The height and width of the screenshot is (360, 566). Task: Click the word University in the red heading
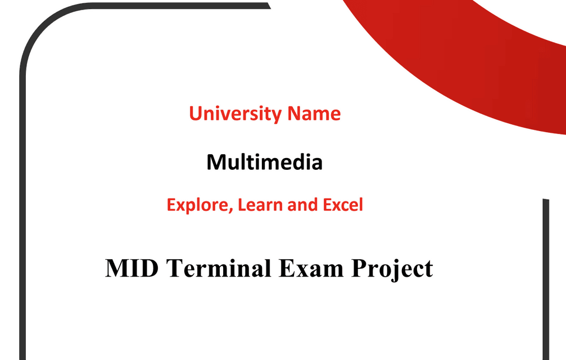tap(236, 114)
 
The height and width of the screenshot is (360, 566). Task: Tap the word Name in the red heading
tap(314, 114)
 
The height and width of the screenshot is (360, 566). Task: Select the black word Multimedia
tap(264, 163)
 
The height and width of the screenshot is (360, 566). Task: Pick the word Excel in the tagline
tap(343, 205)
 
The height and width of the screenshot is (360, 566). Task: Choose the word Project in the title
tap(392, 269)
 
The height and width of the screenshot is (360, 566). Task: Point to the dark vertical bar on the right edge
tap(545, 281)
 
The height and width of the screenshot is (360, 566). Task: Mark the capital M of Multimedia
tap(216, 163)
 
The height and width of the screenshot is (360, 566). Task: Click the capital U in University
tap(196, 114)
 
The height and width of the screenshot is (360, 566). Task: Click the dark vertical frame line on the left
tap(22, 225)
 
